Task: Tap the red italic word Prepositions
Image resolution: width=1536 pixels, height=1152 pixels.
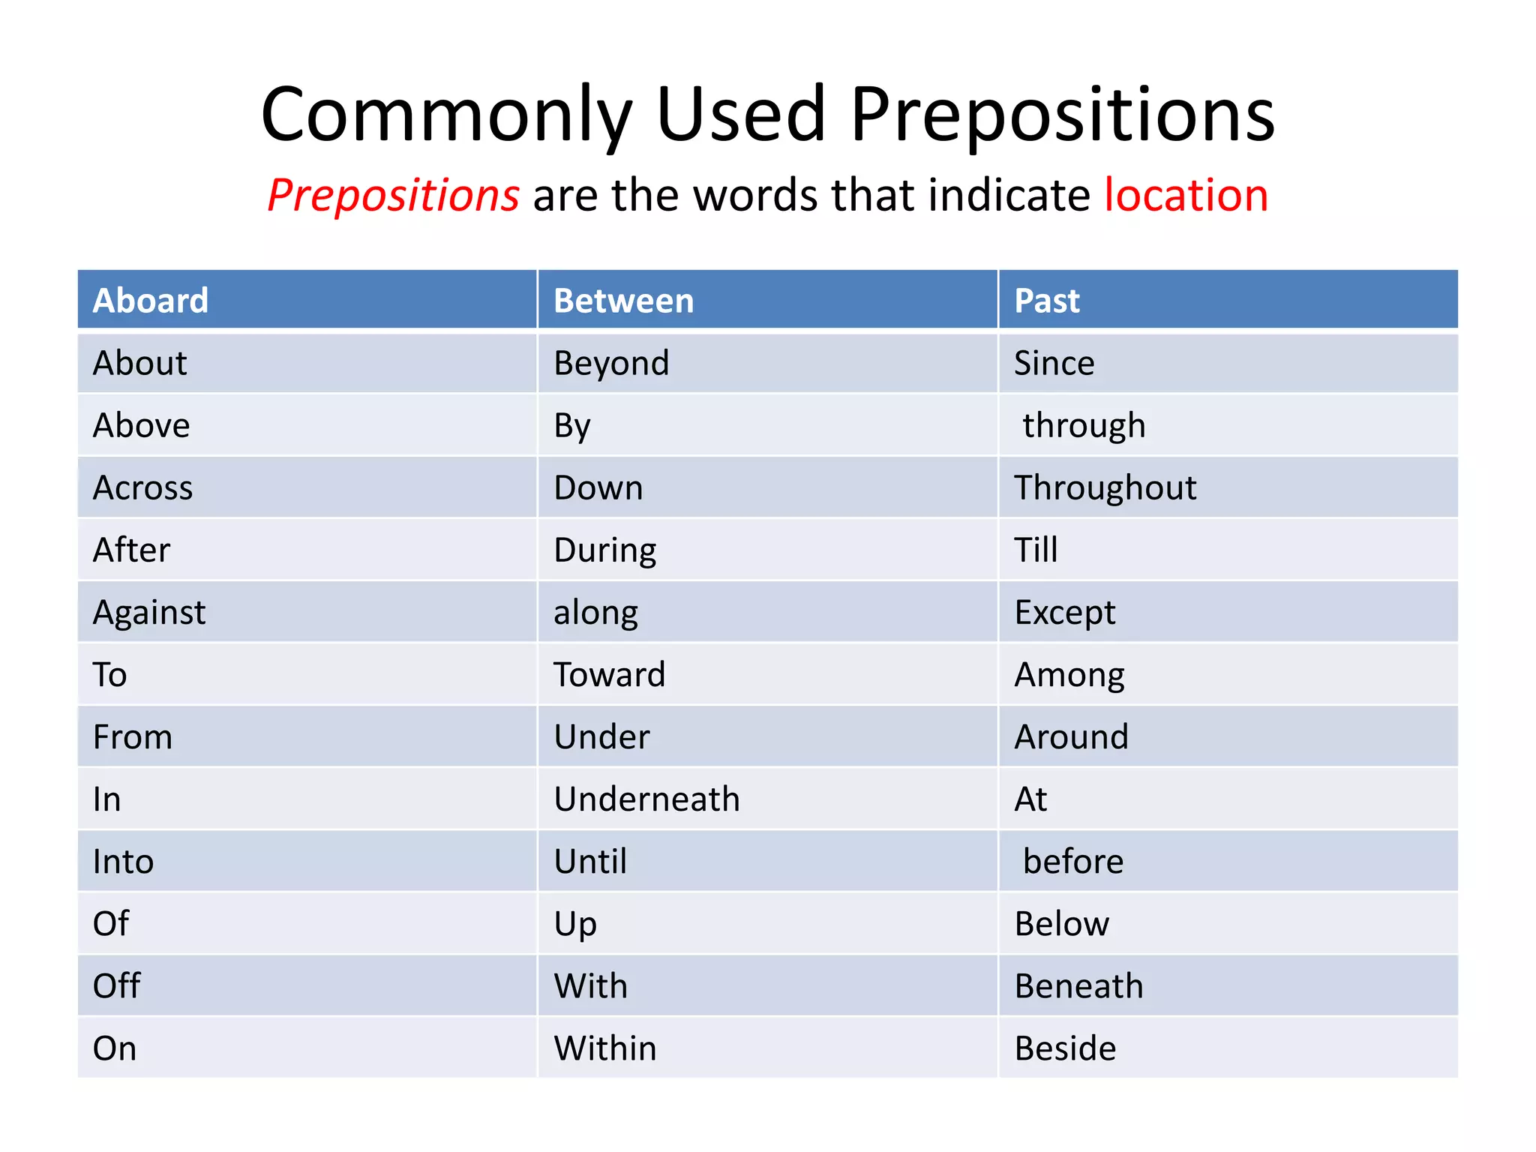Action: [393, 195]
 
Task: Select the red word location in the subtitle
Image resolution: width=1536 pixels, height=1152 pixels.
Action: [1186, 195]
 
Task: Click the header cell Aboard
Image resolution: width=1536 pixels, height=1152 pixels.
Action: [151, 301]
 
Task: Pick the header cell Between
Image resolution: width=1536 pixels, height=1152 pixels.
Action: [623, 301]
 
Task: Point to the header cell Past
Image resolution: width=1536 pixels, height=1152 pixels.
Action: [1046, 301]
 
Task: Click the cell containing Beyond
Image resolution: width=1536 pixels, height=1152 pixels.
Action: [611, 364]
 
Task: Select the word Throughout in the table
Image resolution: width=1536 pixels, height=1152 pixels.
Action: [1105, 488]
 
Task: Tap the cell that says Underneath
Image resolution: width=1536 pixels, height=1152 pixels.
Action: [646, 799]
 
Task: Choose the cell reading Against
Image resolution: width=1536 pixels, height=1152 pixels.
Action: [148, 613]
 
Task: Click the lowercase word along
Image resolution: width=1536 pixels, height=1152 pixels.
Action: [595, 613]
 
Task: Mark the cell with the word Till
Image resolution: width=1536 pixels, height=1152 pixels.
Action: [1036, 550]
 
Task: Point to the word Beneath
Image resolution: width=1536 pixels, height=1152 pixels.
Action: [1078, 986]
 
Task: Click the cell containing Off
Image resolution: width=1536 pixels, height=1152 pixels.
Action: [116, 986]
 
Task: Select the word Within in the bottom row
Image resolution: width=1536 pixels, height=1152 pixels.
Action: [604, 1048]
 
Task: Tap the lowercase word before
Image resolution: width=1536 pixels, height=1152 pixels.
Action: [1073, 862]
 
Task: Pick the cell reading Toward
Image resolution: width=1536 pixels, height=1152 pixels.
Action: [609, 675]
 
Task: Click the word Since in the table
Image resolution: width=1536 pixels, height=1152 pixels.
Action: [1054, 364]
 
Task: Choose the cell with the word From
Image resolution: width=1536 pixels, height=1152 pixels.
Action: [133, 737]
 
